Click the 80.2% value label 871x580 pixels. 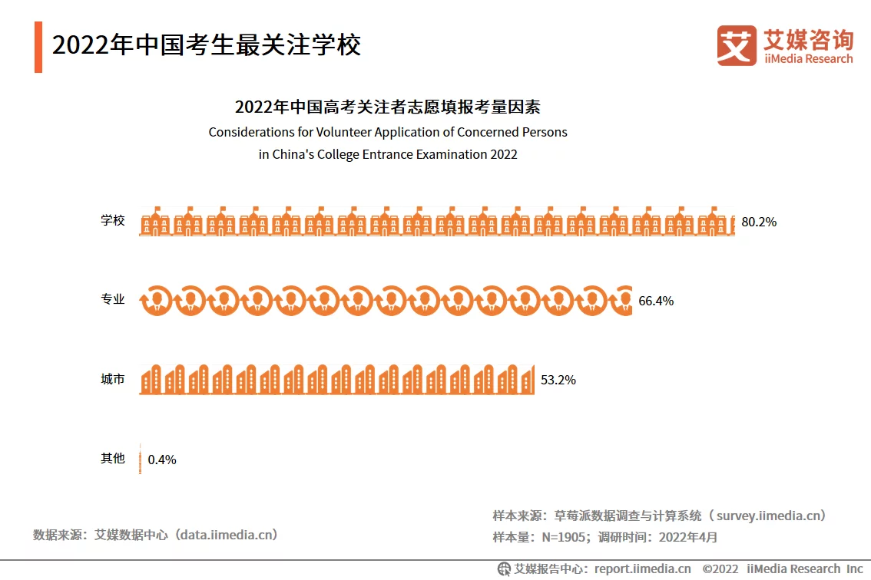click(x=759, y=222)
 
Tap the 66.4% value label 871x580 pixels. click(x=656, y=301)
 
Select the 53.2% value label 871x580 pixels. click(x=558, y=380)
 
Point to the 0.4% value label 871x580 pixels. click(x=162, y=460)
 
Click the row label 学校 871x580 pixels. click(x=113, y=221)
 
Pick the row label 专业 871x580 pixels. click(x=113, y=300)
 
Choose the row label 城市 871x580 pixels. click(x=113, y=379)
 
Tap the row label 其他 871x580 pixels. click(x=113, y=459)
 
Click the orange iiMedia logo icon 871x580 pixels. click(x=737, y=45)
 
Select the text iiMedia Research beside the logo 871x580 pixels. click(x=808, y=59)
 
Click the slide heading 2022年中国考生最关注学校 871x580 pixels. click(x=207, y=45)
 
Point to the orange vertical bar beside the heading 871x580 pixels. click(x=38, y=47)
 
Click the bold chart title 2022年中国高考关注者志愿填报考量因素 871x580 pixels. click(x=388, y=107)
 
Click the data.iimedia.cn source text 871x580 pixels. click(x=227, y=535)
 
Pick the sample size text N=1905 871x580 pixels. click(x=564, y=538)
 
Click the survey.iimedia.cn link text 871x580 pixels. click(x=771, y=516)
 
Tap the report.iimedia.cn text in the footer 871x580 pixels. click(x=641, y=568)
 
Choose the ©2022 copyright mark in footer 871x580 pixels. click(x=720, y=568)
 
